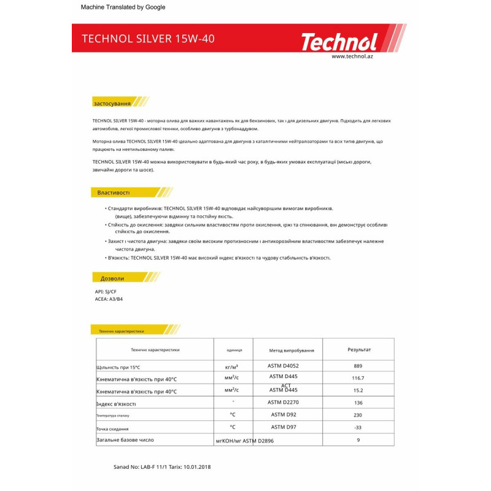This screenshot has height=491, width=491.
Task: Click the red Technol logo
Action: [339, 42]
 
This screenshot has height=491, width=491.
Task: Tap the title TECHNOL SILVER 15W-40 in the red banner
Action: [148, 39]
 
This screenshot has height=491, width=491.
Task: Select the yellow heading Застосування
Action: [112, 102]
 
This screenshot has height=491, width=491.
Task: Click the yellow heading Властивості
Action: [114, 193]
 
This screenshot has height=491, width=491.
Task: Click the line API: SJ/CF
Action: [106, 292]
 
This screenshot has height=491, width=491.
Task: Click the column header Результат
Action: [359, 349]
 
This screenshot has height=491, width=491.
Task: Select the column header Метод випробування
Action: [292, 350]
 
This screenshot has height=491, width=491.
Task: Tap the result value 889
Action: [358, 366]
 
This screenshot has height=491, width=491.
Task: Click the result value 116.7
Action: [358, 378]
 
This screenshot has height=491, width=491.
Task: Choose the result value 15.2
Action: [358, 390]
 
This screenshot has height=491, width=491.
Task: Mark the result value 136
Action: [358, 403]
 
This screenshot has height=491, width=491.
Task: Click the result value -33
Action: [358, 427]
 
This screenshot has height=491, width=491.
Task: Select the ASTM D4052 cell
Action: [283, 365]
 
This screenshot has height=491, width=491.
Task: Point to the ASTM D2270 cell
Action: [283, 402]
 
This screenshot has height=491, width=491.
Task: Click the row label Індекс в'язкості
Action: [116, 404]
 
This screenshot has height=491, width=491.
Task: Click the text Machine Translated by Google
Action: [123, 7]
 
